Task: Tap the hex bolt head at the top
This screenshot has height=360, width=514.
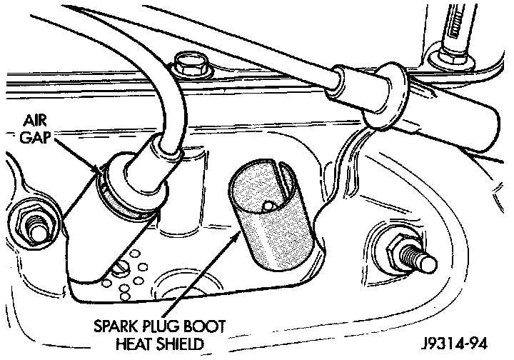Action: (191, 66)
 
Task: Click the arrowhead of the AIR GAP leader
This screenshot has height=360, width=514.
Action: (99, 169)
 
